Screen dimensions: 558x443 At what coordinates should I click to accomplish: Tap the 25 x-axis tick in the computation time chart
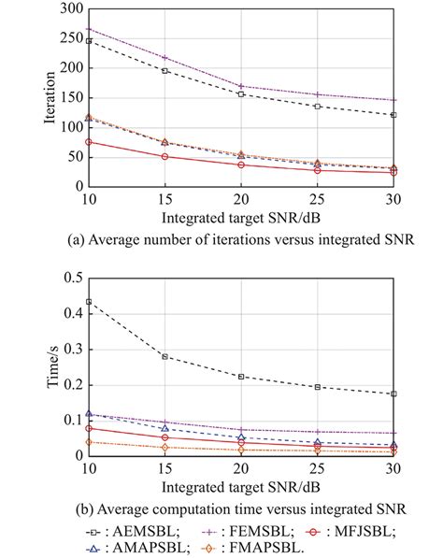(x=317, y=467)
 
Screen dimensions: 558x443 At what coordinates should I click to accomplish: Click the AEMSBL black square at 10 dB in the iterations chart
(x=89, y=41)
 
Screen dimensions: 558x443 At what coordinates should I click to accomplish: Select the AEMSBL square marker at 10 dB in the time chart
(x=89, y=302)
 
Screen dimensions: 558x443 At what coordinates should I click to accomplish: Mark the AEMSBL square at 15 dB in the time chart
(x=164, y=356)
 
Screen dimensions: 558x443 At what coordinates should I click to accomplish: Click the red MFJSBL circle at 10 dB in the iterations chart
(x=89, y=142)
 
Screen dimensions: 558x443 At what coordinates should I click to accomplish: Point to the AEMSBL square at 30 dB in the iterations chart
(x=393, y=115)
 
